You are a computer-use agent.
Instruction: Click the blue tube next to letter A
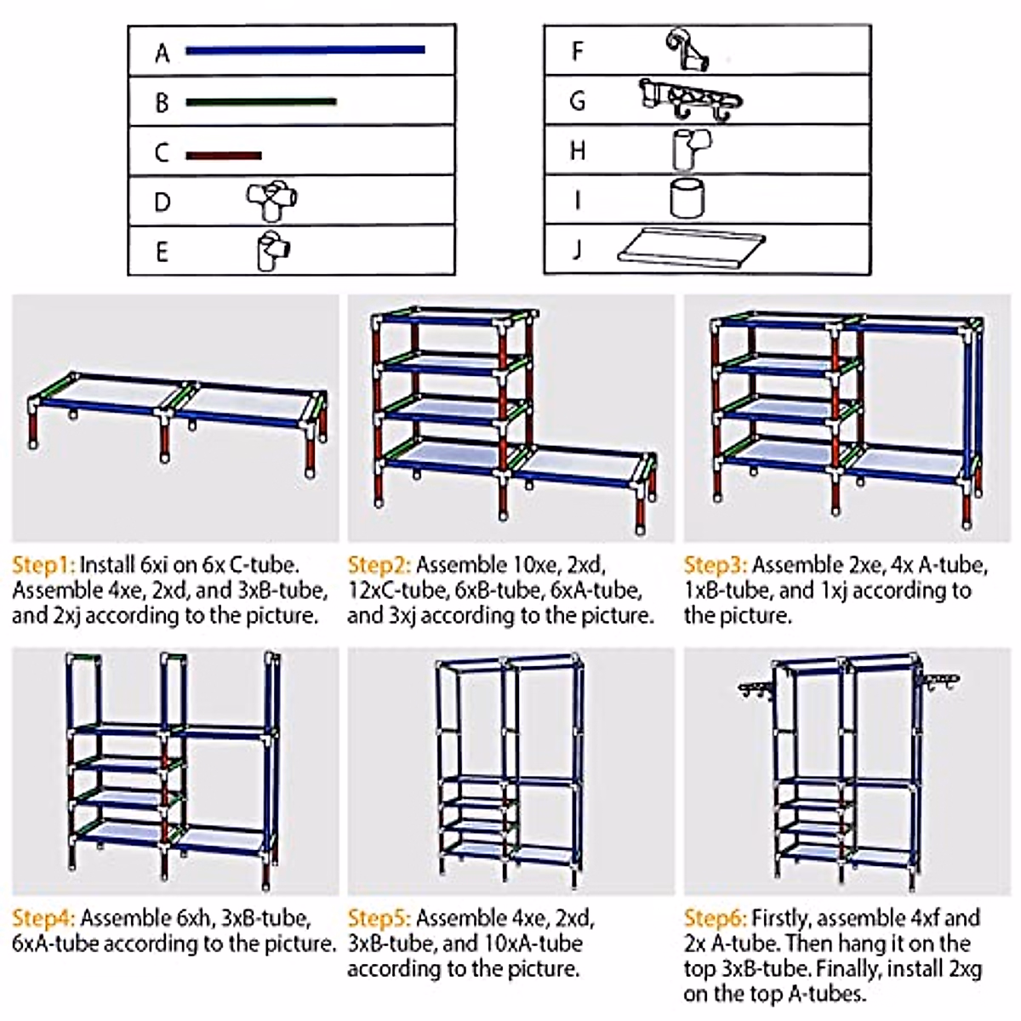pyautogui.click(x=305, y=50)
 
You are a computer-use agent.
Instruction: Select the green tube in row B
pyautogui.click(x=260, y=102)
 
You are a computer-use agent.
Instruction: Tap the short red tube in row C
pyautogui.click(x=223, y=156)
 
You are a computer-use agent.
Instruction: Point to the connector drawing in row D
pyautogui.click(x=272, y=202)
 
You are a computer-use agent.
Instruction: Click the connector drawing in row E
pyautogui.click(x=273, y=251)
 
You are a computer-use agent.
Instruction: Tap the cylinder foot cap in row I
pyautogui.click(x=687, y=199)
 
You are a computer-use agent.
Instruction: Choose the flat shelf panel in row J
pyautogui.click(x=691, y=249)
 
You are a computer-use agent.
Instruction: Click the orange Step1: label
pyautogui.click(x=43, y=565)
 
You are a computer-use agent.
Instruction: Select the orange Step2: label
pyautogui.click(x=379, y=565)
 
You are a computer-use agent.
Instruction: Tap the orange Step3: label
pyautogui.click(x=715, y=565)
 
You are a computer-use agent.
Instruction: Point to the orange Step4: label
pyautogui.click(x=43, y=918)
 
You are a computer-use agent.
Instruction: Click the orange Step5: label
pyautogui.click(x=379, y=918)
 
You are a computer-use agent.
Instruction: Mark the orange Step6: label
pyautogui.click(x=715, y=918)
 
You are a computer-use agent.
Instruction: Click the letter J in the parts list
pyautogui.click(x=577, y=249)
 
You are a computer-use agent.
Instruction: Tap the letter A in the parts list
pyautogui.click(x=162, y=54)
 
